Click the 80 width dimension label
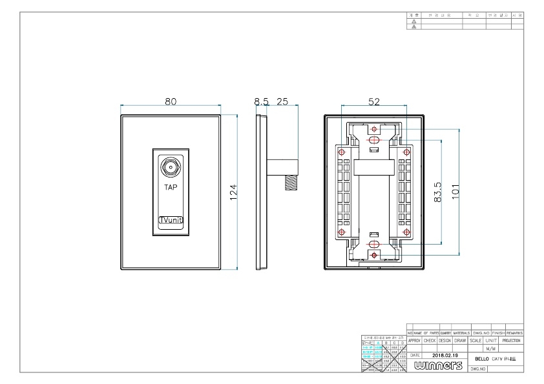click(171, 101)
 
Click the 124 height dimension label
click(233, 192)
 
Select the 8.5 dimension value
click(261, 101)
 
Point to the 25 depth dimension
click(282, 101)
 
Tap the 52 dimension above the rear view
click(374, 101)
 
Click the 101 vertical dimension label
click(455, 192)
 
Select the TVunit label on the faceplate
click(171, 220)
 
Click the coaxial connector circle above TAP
click(171, 167)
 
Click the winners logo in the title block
click(436, 366)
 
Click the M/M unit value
click(490, 348)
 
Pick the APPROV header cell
click(414, 340)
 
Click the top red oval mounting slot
click(374, 140)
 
